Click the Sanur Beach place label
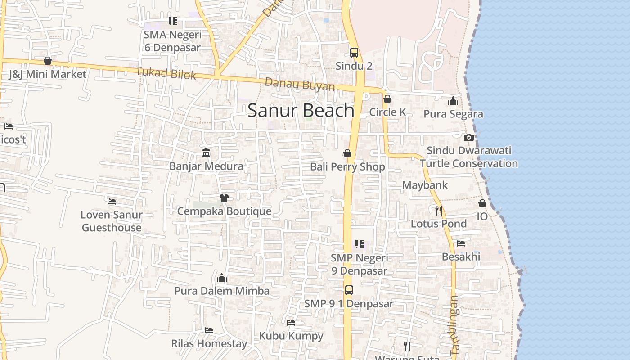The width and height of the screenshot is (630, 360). pos(301,110)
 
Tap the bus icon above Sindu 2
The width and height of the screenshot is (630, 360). pos(354,52)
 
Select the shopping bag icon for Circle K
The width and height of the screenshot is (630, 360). pos(387,99)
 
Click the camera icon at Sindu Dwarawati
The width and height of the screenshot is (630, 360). pos(468,137)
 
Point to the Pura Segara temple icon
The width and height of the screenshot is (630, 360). pos(453,101)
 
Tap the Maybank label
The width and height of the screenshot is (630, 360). pos(425,185)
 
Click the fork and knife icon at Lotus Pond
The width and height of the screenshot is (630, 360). pos(439,210)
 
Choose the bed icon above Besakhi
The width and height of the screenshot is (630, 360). pos(461,243)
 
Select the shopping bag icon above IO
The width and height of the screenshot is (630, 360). pos(482,203)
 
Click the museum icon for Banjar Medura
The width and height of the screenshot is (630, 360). pos(207,153)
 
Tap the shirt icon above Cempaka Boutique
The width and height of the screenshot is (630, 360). pos(224,198)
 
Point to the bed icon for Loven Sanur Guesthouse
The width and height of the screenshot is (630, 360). pos(112,201)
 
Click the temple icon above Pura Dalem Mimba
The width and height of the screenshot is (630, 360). pos(222,278)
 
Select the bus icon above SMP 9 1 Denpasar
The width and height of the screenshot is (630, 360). pos(349,290)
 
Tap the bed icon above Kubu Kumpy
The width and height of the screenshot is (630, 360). pos(291,323)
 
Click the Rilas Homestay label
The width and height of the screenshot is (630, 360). pos(209,344)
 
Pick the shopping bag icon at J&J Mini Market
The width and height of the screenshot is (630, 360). pos(48,61)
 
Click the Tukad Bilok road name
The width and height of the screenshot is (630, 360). pos(166,73)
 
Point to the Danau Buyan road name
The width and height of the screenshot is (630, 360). pos(300,85)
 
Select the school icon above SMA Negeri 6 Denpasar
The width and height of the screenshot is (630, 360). pos(173,21)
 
